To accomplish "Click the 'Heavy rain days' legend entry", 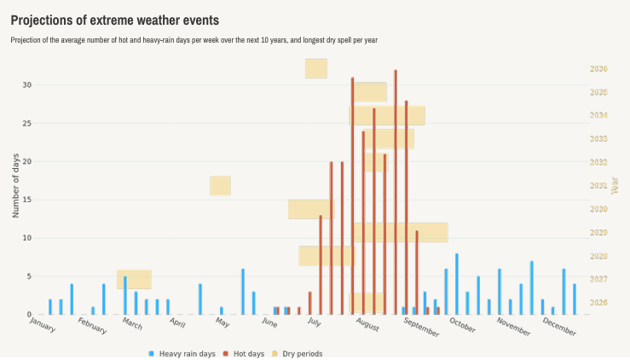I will tap(182, 353).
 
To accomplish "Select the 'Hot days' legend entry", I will tap(247, 353).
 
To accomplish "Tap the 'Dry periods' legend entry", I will tap(303, 353).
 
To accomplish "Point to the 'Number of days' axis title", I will tap(15, 186).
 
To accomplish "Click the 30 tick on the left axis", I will tap(27, 84).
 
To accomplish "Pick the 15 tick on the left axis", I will tap(27, 200).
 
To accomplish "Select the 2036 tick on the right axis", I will tap(598, 69).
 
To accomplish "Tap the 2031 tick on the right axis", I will tap(598, 186).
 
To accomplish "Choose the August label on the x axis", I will tap(367, 325).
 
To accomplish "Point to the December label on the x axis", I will tap(559, 326).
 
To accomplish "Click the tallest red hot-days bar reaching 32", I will tap(396, 192).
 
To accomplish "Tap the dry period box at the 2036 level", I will tap(316, 68).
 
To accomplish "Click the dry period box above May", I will tap(221, 185).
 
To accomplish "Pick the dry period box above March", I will tap(134, 279).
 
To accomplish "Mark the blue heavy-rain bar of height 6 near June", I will tap(243, 292).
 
